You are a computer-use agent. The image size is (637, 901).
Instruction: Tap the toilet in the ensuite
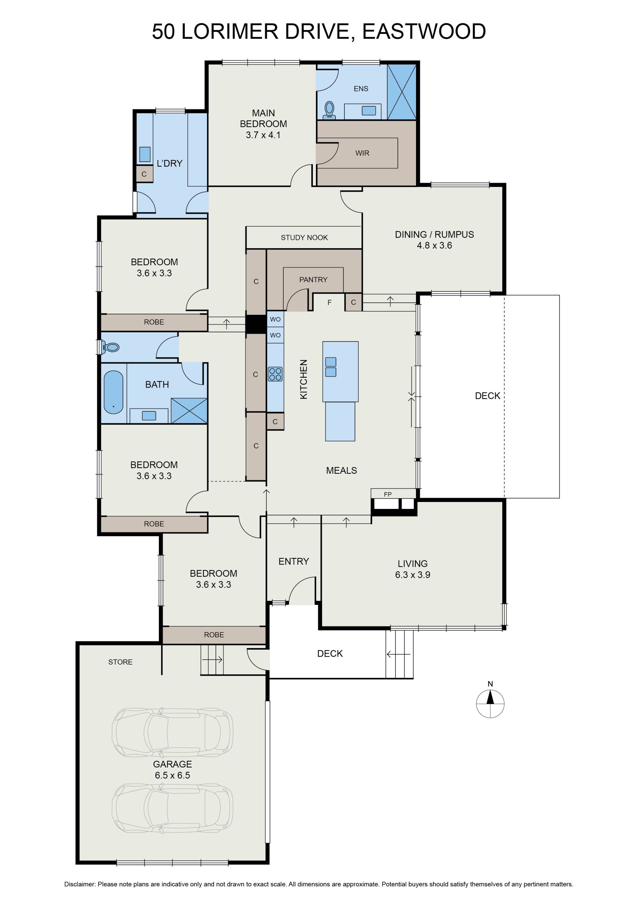[x=329, y=110]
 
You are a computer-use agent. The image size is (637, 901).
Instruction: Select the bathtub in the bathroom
[x=113, y=392]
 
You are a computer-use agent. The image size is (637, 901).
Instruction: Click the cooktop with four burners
[x=275, y=374]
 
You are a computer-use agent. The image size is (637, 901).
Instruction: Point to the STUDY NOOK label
[x=304, y=237]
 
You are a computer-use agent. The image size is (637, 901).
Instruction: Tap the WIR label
[x=362, y=153]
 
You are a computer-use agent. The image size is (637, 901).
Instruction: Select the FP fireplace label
[x=388, y=494]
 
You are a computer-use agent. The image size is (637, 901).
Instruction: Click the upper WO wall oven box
[x=275, y=319]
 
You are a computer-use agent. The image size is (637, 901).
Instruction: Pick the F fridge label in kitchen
[x=329, y=302]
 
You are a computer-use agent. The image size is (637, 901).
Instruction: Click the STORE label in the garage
[x=120, y=662]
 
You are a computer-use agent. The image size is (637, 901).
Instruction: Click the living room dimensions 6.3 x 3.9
[x=413, y=575]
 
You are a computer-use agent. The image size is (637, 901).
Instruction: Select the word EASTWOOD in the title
[x=424, y=32]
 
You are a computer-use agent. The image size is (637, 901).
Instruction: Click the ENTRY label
[x=294, y=561]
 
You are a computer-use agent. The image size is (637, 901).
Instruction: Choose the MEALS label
[x=342, y=470]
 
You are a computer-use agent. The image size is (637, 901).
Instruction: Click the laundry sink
[x=145, y=154]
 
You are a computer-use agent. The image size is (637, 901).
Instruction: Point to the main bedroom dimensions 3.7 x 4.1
[x=263, y=135]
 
